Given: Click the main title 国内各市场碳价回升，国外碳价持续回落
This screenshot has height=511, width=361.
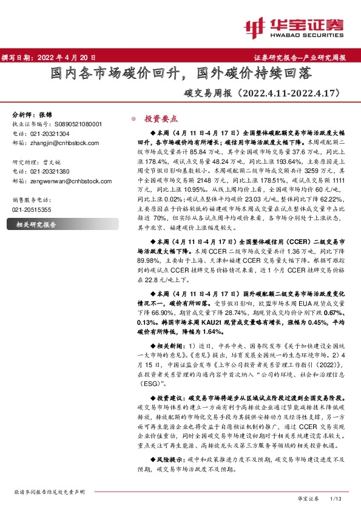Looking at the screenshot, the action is (180, 74).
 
